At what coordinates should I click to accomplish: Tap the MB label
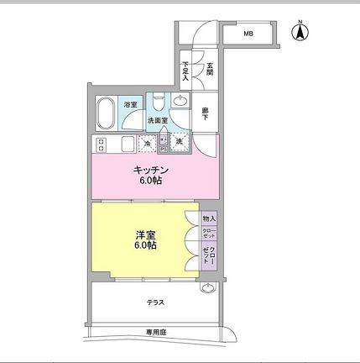pyautogui.click(x=248, y=34)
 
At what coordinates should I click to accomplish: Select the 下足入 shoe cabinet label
pyautogui.click(x=186, y=70)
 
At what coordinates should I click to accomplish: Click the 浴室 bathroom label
pyautogui.click(x=130, y=104)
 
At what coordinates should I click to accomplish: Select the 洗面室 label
pyautogui.click(x=158, y=121)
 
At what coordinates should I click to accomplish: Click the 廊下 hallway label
pyautogui.click(x=205, y=112)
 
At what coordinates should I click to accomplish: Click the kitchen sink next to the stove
pyautogui.click(x=126, y=143)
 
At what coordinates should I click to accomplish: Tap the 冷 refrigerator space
pyautogui.click(x=148, y=144)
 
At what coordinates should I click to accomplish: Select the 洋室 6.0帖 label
pyautogui.click(x=143, y=239)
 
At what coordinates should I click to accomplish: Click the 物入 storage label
pyautogui.click(x=208, y=218)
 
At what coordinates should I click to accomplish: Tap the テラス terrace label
pyautogui.click(x=155, y=302)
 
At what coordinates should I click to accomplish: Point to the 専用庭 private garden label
pyautogui.click(x=156, y=333)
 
